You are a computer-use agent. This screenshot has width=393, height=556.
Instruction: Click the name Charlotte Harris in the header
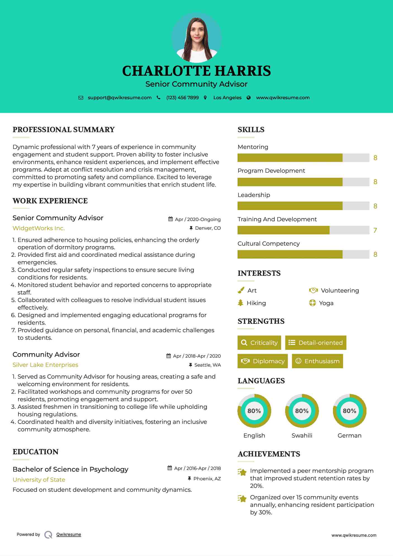click(x=196, y=71)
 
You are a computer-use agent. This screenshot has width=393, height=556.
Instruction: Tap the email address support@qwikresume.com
click(x=120, y=98)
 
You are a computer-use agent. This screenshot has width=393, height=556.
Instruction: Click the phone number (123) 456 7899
click(x=182, y=98)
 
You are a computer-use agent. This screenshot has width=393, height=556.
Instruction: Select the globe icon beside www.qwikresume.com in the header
click(x=249, y=98)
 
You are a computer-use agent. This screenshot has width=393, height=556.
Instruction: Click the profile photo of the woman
click(x=197, y=37)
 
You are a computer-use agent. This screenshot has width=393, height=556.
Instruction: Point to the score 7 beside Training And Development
click(x=375, y=230)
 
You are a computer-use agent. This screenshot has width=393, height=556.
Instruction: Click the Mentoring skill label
click(x=253, y=147)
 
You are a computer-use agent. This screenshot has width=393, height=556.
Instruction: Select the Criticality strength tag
click(x=259, y=343)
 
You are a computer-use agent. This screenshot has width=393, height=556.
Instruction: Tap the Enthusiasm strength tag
click(x=317, y=361)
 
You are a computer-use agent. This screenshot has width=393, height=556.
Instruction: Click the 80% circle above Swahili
click(x=302, y=411)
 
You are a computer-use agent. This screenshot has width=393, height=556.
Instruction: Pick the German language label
click(x=349, y=435)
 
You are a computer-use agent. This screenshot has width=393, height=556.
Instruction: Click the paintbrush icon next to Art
click(x=241, y=291)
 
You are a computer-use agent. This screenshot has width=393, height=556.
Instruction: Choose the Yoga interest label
click(x=326, y=303)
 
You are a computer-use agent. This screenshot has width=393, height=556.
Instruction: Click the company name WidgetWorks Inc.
click(x=39, y=228)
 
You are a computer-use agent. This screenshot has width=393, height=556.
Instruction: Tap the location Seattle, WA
click(x=208, y=365)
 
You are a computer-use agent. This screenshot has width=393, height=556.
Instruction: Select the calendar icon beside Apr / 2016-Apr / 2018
click(x=170, y=468)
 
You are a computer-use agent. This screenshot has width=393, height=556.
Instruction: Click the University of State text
click(x=39, y=480)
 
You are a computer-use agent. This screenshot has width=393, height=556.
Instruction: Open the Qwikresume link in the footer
click(x=69, y=534)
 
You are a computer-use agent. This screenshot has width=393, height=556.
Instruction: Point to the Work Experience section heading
click(x=50, y=201)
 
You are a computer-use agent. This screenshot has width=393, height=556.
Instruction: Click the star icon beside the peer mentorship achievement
click(x=242, y=472)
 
